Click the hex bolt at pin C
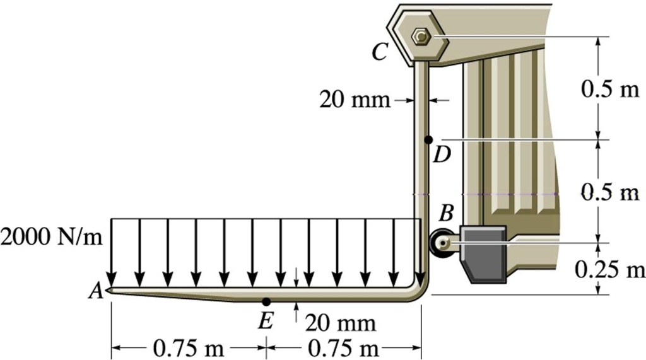(x=420, y=37)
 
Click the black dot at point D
(x=428, y=139)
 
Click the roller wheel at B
(x=441, y=243)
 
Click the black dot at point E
(x=266, y=301)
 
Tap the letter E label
(x=265, y=322)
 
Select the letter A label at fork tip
(x=96, y=291)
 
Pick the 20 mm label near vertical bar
(x=354, y=100)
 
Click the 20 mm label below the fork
(x=340, y=323)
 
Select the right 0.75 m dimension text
(x=343, y=347)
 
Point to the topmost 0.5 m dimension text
(x=609, y=89)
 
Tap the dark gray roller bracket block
(x=484, y=252)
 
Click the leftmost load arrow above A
(x=112, y=252)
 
